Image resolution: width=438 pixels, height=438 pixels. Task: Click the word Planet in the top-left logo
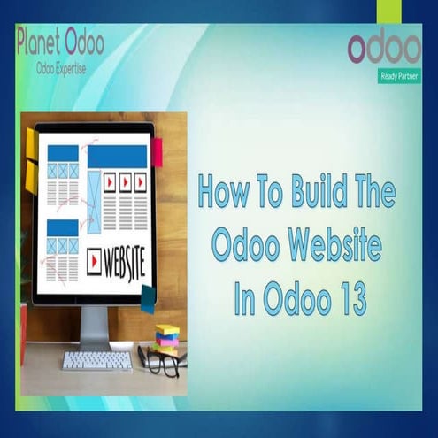pos(41,41)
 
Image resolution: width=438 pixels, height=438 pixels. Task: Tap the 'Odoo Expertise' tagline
pos(61,67)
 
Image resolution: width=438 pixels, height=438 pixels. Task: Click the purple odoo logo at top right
pos(384,49)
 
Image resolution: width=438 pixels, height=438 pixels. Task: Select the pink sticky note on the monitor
pos(157,153)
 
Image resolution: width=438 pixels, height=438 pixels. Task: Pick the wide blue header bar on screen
pos(117,157)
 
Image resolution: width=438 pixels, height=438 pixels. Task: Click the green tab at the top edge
pos(387,11)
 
